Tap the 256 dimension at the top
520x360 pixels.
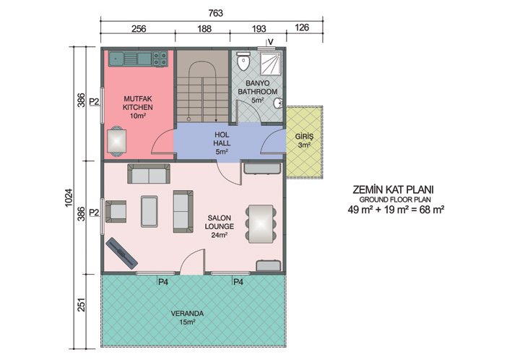click(139, 30)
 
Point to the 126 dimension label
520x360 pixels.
click(303, 30)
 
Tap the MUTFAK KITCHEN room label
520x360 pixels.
click(137, 106)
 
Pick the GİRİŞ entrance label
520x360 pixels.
click(303, 137)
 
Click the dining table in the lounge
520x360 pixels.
click(261, 223)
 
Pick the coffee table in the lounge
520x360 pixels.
click(150, 210)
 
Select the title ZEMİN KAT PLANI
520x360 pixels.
click(394, 189)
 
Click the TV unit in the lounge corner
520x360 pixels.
click(122, 254)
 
